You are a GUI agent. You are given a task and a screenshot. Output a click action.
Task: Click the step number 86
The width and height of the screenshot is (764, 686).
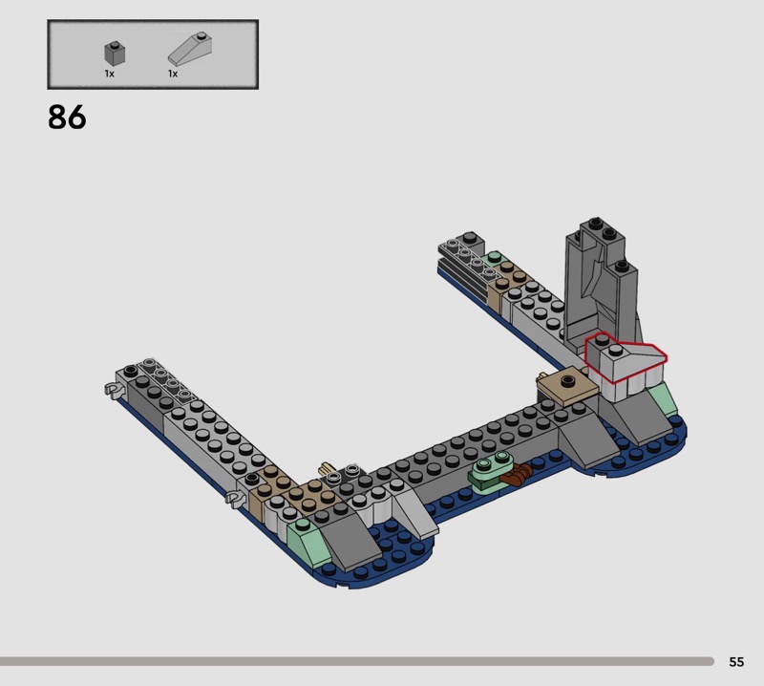pyautogui.click(x=67, y=117)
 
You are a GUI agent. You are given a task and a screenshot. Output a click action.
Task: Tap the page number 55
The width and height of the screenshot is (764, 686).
pyautogui.click(x=736, y=661)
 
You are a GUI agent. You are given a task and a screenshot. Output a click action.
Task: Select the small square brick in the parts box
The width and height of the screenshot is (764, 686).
pyautogui.click(x=115, y=54)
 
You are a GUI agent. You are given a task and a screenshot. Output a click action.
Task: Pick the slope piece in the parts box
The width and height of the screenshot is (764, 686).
pyautogui.click(x=189, y=49)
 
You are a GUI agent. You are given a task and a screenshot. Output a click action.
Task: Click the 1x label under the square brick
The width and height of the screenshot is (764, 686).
pyautogui.click(x=109, y=74)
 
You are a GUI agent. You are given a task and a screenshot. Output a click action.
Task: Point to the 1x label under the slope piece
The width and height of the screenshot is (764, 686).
pyautogui.click(x=173, y=74)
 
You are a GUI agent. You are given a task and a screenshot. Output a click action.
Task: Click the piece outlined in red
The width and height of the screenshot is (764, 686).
pyautogui.click(x=626, y=358)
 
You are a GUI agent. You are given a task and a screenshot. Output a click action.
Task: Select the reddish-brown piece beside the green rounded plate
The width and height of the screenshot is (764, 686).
pyautogui.click(x=516, y=473)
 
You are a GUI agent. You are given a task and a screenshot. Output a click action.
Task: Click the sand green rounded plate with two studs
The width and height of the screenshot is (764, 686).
pyautogui.click(x=490, y=469)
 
